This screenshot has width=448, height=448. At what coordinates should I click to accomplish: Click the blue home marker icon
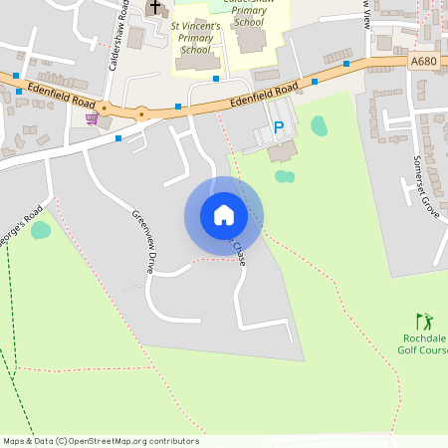pyautogui.click(x=224, y=215)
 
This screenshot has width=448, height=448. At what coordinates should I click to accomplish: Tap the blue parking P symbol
pyautogui.click(x=279, y=128)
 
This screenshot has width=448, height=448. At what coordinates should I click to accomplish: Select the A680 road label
pyautogui.click(x=423, y=61)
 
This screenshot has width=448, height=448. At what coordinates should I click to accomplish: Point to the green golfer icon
pyautogui.click(x=425, y=322)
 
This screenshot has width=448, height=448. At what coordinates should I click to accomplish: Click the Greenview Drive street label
pyautogui.click(x=144, y=241)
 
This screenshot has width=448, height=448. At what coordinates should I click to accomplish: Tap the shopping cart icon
pyautogui.click(x=92, y=118)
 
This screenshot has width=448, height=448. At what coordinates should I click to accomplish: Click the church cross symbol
pyautogui.click(x=154, y=8)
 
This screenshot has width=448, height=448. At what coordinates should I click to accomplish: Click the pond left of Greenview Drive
pyautogui.click(x=41, y=230)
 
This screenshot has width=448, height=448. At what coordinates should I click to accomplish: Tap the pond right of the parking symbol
pyautogui.click(x=319, y=125)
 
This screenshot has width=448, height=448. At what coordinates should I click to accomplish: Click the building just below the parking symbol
pyautogui.click(x=282, y=152)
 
